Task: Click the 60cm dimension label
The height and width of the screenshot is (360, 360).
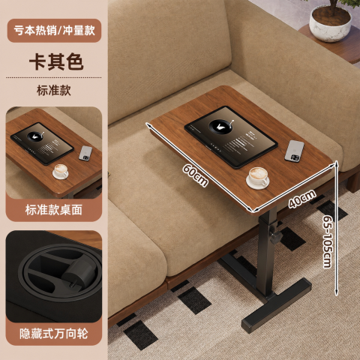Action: [195, 175]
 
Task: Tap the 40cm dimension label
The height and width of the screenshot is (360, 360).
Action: [302, 199]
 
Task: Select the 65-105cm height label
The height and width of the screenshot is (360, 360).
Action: [328, 241]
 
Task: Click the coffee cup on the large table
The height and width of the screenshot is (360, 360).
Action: [258, 178]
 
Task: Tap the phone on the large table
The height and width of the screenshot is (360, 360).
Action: [295, 151]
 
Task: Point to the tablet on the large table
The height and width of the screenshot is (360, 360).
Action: [231, 136]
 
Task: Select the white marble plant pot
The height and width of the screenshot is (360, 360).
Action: [331, 23]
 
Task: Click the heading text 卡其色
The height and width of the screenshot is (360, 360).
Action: [56, 61]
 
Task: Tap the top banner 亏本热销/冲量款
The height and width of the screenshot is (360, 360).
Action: [54, 31]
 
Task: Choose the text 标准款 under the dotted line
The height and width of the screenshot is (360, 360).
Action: [54, 90]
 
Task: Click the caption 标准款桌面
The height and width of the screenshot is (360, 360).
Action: [54, 210]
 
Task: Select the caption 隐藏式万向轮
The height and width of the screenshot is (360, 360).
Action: [54, 334]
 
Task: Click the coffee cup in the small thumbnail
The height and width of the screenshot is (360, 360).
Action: [60, 171]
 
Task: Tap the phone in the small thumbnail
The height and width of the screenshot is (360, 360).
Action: [85, 153]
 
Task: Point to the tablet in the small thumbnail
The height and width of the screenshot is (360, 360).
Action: [42, 143]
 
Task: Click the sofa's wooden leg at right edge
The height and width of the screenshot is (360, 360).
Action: [353, 181]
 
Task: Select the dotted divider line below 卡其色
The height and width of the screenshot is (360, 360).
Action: [54, 77]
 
